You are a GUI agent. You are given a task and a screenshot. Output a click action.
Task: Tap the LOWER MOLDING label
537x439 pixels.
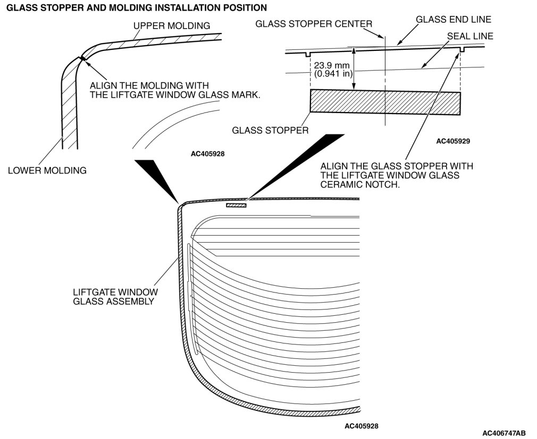[47, 170]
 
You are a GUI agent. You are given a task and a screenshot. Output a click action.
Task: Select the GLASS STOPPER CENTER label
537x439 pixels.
[314, 24]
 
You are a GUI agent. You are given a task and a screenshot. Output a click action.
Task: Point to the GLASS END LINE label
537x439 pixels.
[453, 19]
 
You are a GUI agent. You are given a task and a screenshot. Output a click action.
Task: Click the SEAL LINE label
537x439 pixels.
[470, 36]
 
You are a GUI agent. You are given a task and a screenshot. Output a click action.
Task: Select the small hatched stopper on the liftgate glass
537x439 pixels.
[237, 205]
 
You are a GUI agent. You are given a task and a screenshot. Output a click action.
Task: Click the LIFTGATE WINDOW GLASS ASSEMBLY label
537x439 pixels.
[115, 297]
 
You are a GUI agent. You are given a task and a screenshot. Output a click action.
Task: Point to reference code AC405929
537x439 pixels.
[453, 141]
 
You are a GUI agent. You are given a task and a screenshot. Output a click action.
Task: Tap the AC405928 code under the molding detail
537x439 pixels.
[207, 154]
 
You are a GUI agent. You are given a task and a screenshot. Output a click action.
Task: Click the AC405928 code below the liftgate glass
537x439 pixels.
[361, 426]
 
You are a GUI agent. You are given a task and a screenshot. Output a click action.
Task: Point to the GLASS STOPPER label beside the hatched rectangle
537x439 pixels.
[270, 130]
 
